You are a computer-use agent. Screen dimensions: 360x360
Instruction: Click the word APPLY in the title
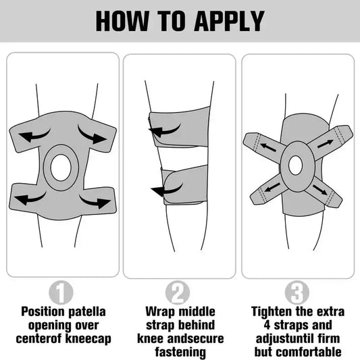point(230,21)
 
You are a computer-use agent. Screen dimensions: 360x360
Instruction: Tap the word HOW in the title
point(122,21)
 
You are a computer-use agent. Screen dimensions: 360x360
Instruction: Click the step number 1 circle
point(61,292)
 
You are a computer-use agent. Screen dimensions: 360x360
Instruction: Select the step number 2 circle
point(178,292)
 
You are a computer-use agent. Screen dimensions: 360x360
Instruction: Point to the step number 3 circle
point(297,292)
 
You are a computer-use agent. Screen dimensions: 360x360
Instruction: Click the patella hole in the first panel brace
point(60,168)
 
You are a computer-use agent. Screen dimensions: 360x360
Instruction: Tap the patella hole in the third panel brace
point(295,165)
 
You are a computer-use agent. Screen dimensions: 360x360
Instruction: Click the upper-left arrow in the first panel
point(34,137)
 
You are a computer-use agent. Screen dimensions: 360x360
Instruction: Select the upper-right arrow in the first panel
point(92,136)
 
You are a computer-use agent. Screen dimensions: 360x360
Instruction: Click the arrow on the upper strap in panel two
point(164,131)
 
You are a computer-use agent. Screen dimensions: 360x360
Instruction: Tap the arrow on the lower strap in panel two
point(166,190)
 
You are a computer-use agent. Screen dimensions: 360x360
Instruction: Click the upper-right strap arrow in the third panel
point(326,144)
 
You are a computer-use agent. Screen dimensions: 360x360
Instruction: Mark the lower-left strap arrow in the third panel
point(272,187)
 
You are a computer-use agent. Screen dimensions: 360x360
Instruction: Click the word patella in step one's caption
point(87,312)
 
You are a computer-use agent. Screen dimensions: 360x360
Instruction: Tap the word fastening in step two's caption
point(180,352)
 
